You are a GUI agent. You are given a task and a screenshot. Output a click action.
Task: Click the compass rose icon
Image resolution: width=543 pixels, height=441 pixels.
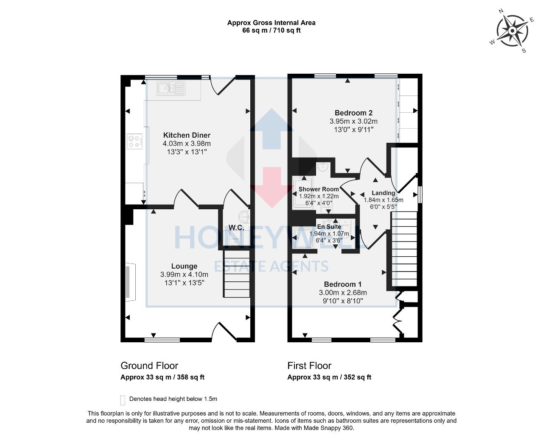(512, 31)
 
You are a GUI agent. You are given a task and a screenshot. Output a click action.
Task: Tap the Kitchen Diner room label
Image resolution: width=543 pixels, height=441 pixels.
(187, 135)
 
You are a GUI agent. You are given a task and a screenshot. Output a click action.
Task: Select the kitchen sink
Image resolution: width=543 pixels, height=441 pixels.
(171, 89)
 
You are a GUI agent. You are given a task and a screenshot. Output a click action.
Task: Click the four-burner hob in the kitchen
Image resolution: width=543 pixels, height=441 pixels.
(135, 141)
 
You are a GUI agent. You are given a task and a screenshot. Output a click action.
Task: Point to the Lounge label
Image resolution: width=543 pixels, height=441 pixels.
(184, 266)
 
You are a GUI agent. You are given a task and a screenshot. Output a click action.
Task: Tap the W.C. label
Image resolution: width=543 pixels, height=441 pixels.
(236, 227)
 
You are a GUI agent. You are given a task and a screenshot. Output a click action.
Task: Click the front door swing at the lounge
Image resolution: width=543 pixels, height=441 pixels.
(224, 331)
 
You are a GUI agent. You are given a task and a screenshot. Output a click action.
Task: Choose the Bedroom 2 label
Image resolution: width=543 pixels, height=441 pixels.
(353, 113)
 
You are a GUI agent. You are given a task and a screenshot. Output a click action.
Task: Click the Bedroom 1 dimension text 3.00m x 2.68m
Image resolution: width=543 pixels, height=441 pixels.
(343, 293)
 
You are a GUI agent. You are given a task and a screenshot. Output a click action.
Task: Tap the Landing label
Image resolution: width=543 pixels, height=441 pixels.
(383, 193)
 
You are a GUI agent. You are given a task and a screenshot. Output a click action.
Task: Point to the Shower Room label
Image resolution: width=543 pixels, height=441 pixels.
(319, 189)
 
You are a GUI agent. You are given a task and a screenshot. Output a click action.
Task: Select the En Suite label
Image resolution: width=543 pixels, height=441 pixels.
(329, 227)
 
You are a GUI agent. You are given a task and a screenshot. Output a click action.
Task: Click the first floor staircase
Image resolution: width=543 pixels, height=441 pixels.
(404, 250)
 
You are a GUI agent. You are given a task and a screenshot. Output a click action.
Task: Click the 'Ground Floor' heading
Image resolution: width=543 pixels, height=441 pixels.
(149, 366)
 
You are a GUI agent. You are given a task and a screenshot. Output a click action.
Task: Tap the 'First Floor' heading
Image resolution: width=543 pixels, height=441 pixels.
(309, 366)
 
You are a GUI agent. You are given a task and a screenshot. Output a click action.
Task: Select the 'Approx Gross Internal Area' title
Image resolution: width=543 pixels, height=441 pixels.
(271, 23)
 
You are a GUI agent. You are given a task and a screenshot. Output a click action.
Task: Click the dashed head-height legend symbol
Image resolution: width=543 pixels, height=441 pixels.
(123, 400)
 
